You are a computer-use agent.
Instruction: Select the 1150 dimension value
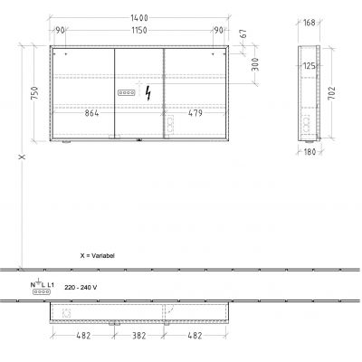137,31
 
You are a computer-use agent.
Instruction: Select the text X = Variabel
98,256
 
